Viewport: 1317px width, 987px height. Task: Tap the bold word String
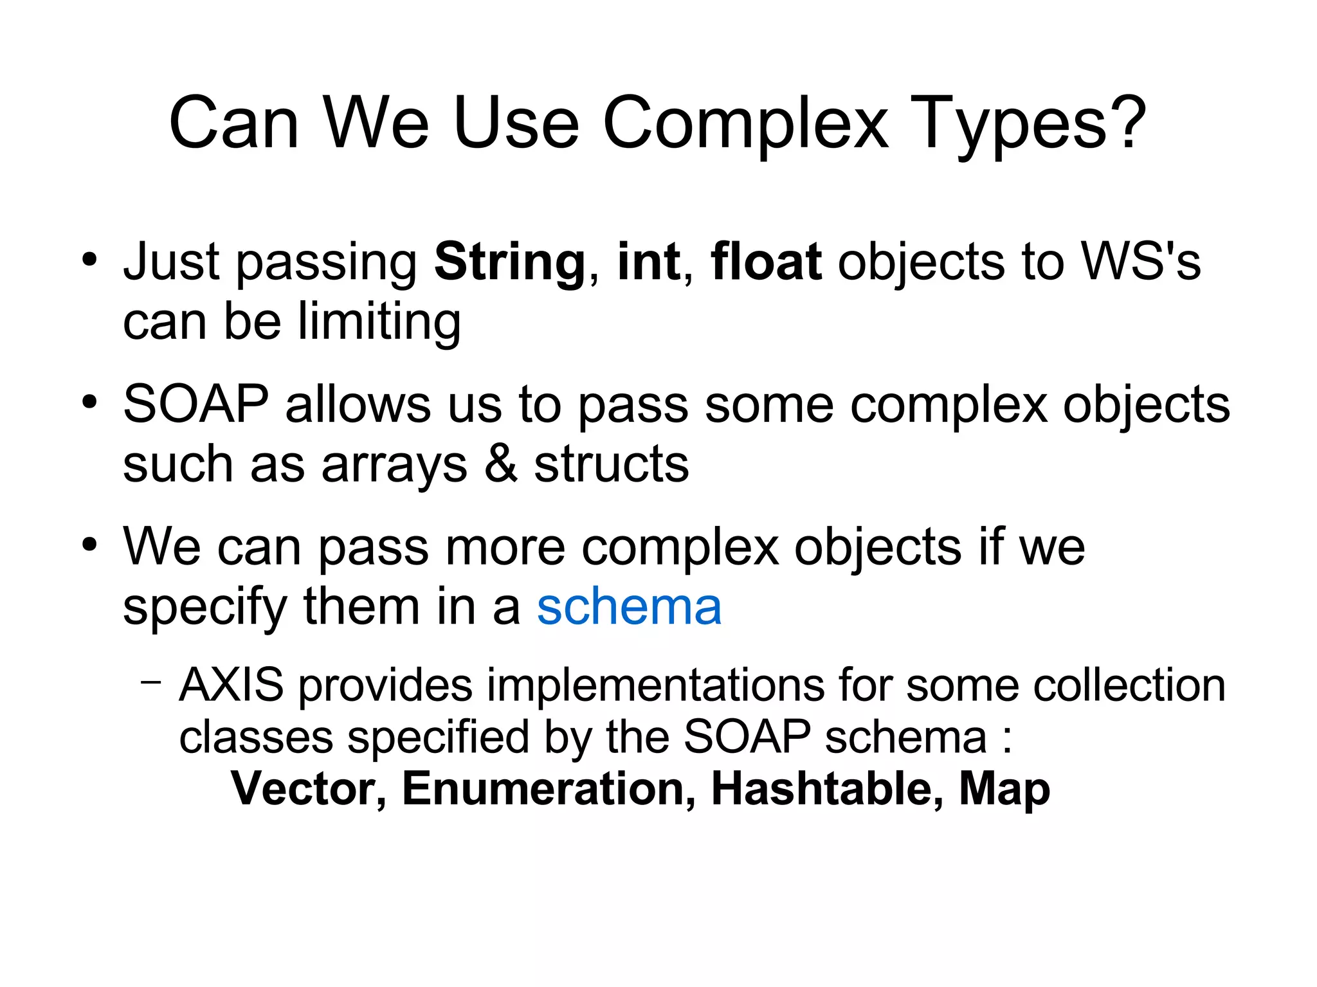click(509, 262)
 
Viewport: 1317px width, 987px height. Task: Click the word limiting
click(379, 321)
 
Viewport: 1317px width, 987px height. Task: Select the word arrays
click(394, 464)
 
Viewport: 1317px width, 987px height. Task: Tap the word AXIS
click(232, 685)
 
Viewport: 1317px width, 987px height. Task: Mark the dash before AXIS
click(150, 681)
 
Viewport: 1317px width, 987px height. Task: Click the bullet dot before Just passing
click(89, 260)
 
